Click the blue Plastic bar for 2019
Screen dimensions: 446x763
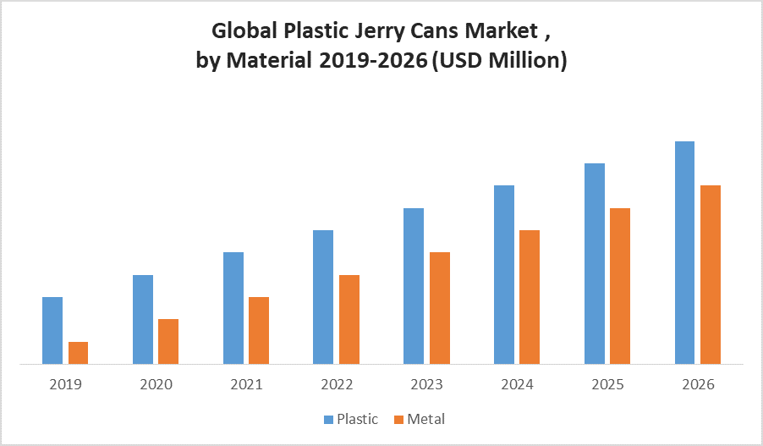pyautogui.click(x=52, y=330)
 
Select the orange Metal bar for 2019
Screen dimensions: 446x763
pyautogui.click(x=79, y=352)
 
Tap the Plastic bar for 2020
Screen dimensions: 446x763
pyautogui.click(x=143, y=319)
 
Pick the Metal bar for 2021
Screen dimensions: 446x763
pyautogui.click(x=259, y=330)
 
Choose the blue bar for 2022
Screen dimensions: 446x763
pyautogui.click(x=323, y=296)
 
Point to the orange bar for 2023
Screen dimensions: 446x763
pyautogui.click(x=440, y=308)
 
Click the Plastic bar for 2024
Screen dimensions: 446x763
pyautogui.click(x=504, y=274)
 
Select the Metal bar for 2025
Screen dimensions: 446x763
pyautogui.click(x=620, y=286)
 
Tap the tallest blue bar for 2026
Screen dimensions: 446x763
pyautogui.click(x=684, y=252)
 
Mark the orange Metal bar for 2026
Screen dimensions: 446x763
pyautogui.click(x=711, y=274)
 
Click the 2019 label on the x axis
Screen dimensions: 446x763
pyautogui.click(x=66, y=384)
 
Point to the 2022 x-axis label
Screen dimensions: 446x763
pyautogui.click(x=337, y=384)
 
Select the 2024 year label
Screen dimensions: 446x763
pyautogui.click(x=517, y=384)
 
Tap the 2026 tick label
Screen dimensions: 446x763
pyautogui.click(x=698, y=384)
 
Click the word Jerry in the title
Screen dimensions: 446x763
pyautogui.click(x=376, y=32)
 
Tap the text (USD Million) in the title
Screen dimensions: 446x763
pyautogui.click(x=499, y=60)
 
